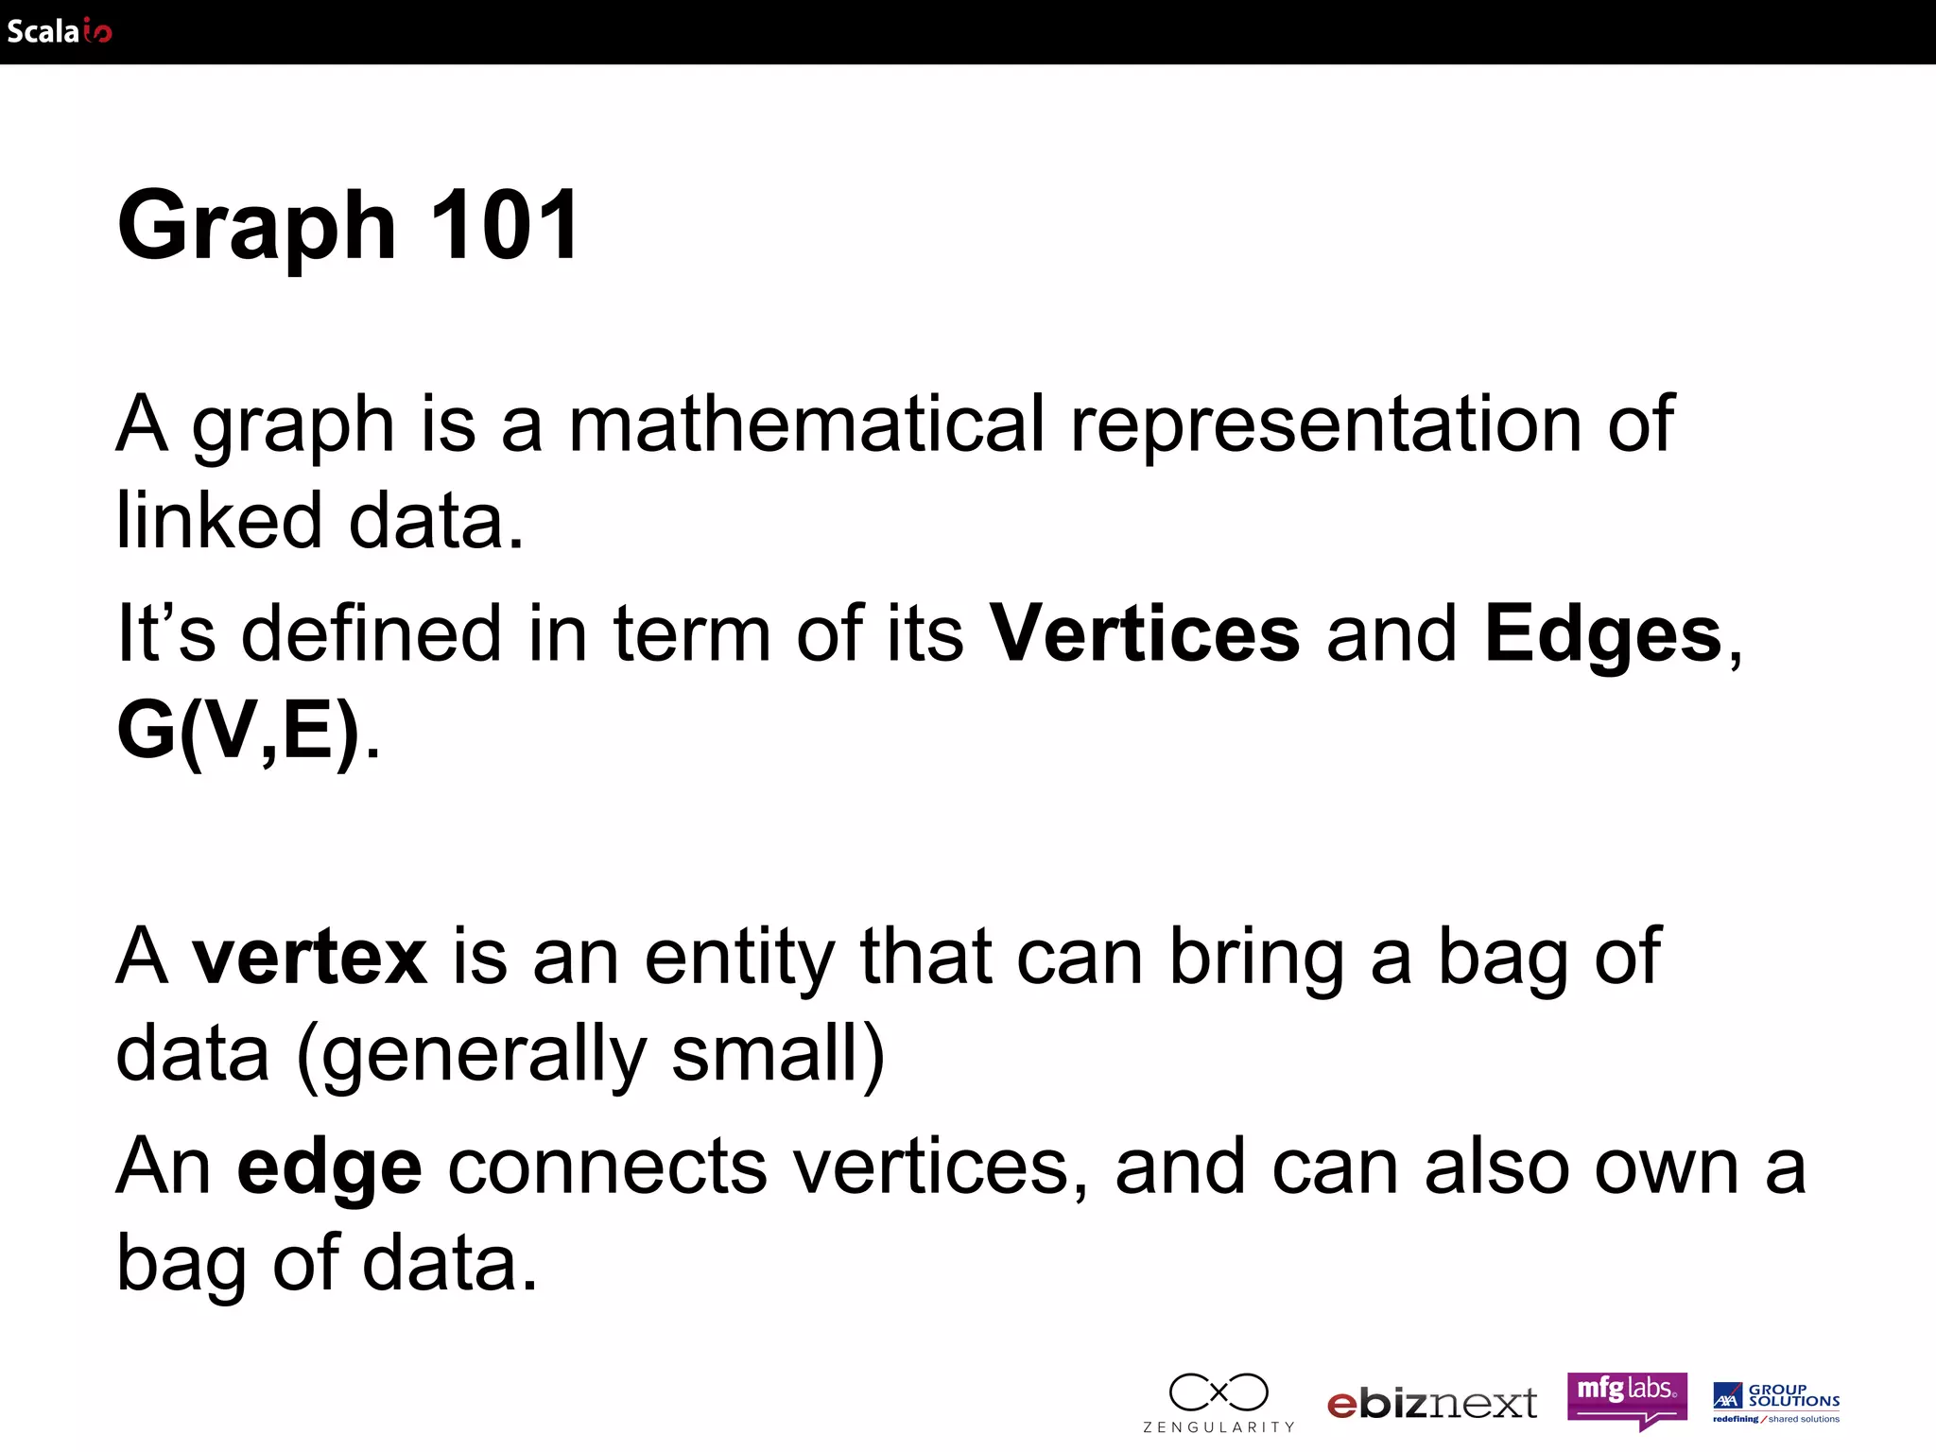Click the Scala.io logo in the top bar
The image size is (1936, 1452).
coord(59,31)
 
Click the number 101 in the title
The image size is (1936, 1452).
coord(505,225)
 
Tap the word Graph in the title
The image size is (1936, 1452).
coord(257,227)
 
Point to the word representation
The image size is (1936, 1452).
coord(1325,425)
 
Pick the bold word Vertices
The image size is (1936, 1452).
coord(1144,633)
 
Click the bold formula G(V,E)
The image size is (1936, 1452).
coord(238,730)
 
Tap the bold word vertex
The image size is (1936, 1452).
coord(309,957)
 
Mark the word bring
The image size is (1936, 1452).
coord(1256,959)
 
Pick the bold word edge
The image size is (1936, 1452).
coord(329,1168)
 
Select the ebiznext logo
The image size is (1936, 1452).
coord(1431,1404)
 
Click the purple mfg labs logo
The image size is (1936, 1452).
coord(1627,1397)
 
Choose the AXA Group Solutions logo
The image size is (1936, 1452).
coord(1776,1402)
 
